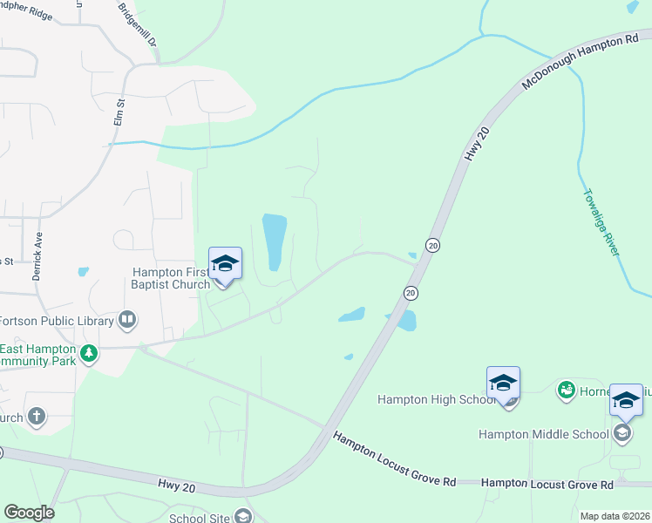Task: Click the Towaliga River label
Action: [601, 222]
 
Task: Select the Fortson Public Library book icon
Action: [128, 320]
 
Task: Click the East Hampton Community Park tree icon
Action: [88, 354]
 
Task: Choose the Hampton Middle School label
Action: [544, 434]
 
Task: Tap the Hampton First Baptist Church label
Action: [171, 278]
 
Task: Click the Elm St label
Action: [121, 114]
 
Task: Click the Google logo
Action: [29, 513]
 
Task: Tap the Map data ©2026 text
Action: [615, 516]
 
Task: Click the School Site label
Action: [200, 519]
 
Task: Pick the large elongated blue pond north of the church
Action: [274, 241]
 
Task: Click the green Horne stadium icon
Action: [566, 389]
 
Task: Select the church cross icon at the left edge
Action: [36, 416]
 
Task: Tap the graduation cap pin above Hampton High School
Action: [503, 384]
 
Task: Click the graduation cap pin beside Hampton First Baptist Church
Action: [225, 264]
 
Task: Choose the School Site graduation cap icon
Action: [243, 517]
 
